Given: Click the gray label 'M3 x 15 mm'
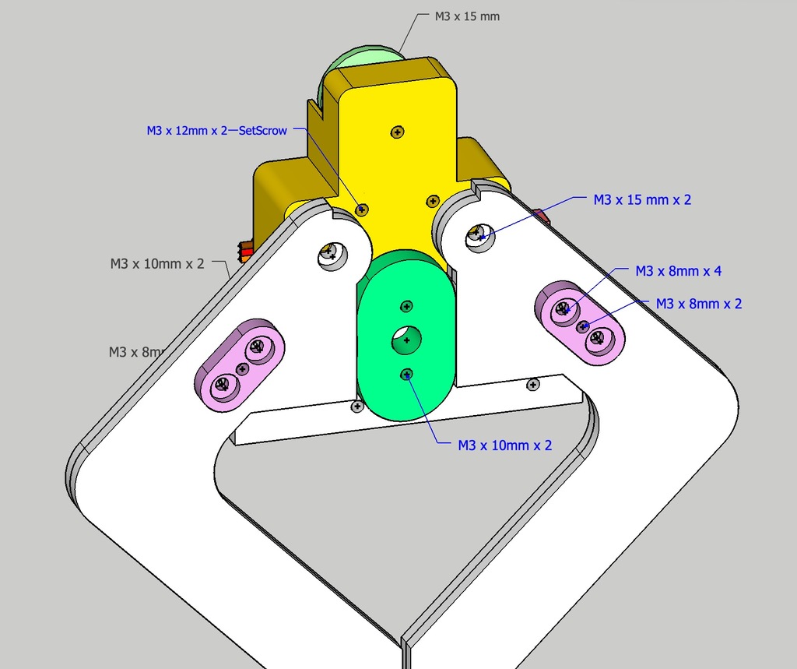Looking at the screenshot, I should point(467,16).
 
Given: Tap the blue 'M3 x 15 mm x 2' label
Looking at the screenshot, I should point(642,200).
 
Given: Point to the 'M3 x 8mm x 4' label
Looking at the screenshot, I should point(678,271).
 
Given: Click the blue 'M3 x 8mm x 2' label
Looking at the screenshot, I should point(699,304).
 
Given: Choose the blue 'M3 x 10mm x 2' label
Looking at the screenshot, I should point(505,445).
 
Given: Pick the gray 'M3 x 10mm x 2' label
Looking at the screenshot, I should point(157,264).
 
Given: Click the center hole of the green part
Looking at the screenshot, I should point(406,339).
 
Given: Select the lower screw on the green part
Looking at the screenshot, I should point(406,375).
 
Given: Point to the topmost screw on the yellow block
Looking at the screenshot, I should point(398,132).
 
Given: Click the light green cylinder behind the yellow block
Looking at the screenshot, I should point(360,62).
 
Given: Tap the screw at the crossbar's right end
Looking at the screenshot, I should point(533,384).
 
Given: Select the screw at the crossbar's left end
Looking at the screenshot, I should point(357,407).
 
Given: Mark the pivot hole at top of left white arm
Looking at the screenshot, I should point(332,253).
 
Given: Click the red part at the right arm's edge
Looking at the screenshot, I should point(542,216).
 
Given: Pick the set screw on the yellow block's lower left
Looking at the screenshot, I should point(362,209).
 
